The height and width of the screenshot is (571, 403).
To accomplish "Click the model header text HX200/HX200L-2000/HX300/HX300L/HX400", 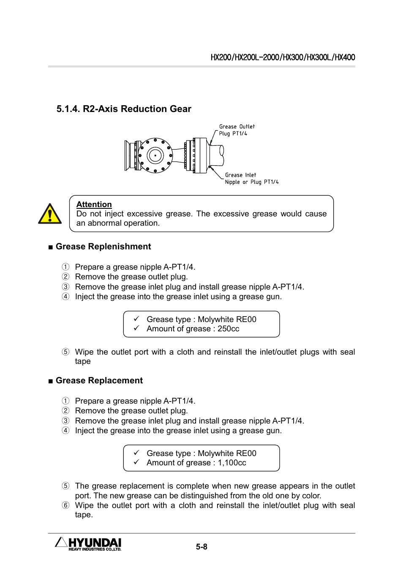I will [283, 57].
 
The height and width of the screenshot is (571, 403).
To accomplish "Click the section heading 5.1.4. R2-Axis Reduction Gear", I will [124, 109].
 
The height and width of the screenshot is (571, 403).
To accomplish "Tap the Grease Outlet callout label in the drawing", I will [237, 127].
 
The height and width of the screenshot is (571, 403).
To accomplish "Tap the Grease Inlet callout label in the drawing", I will [240, 175].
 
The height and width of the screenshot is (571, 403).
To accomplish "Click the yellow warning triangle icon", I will [50, 214].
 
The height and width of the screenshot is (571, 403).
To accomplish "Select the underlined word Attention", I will [94, 205].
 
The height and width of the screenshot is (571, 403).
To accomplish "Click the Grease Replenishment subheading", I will [103, 247].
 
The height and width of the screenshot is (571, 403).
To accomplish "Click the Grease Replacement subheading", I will [99, 381].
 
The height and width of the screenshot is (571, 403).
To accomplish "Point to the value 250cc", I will [228, 329].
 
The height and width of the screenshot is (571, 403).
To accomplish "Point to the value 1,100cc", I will [232, 463].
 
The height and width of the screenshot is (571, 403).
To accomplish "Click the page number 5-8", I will [201, 547].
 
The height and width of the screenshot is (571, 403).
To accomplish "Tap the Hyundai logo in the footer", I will [88, 544].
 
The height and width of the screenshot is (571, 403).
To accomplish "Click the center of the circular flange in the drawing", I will [155, 156].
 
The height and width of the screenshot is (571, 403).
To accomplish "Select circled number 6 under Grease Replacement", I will [65, 505].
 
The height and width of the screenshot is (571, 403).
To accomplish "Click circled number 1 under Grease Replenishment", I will [65, 267].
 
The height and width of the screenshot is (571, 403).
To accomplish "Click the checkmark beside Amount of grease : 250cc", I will [136, 328].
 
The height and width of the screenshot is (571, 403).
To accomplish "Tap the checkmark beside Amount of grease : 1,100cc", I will [136, 462].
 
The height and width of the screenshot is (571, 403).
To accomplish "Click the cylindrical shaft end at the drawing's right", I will [217, 155].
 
